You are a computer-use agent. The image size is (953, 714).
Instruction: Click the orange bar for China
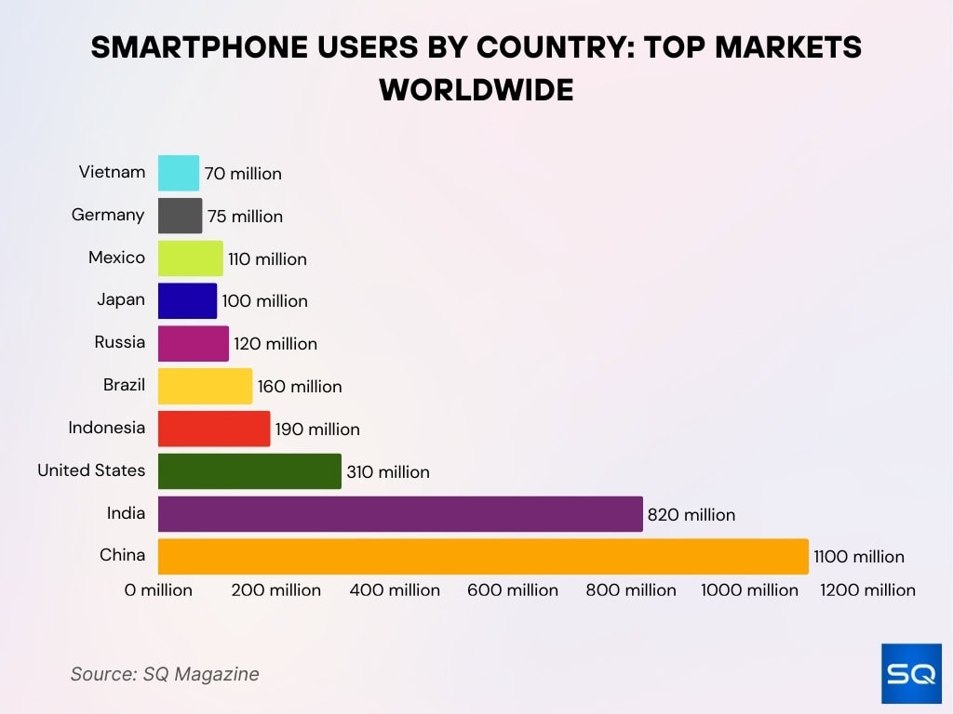[483, 556]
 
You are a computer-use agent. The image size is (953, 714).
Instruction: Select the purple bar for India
[400, 514]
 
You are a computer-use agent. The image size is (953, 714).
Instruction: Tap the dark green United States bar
[249, 471]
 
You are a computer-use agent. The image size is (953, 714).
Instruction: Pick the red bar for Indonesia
[214, 429]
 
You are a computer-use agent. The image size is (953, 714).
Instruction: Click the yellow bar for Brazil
[205, 386]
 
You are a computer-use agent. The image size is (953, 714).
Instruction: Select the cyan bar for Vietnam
[179, 173]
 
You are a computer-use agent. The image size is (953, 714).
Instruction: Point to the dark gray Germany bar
[180, 216]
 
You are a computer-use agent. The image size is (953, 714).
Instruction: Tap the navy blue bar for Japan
[187, 300]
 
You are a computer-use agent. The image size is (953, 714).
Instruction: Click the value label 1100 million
[858, 557]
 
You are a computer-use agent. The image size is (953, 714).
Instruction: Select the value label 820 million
[691, 515]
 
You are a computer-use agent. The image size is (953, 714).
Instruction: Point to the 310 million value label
[388, 472]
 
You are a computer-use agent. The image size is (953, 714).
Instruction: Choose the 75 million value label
[245, 217]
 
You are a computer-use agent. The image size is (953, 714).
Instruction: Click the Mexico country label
[116, 258]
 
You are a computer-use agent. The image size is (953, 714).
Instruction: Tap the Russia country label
[119, 342]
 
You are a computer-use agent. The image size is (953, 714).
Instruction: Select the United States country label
[91, 470]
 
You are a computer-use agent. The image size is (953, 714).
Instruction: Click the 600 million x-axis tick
[513, 590]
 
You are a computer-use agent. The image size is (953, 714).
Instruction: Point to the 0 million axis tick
[158, 590]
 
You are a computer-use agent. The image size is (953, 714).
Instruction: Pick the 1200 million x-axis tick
[867, 590]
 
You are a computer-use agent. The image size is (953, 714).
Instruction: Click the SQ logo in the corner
[911, 673]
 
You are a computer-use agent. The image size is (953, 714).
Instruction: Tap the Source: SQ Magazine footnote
[165, 674]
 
